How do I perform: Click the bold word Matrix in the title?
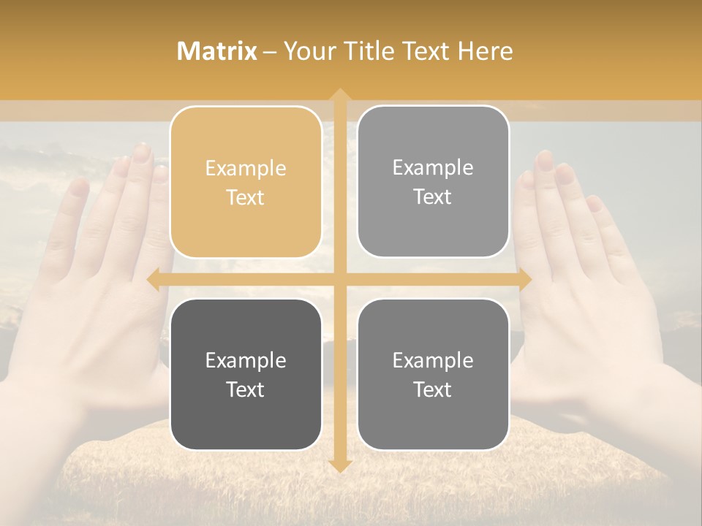click(x=217, y=51)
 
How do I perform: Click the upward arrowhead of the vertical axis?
click(x=339, y=96)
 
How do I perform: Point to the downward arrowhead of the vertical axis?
click(x=339, y=465)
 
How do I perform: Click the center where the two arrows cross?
click(x=339, y=279)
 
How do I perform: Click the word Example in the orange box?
click(x=246, y=169)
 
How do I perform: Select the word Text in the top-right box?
click(x=433, y=197)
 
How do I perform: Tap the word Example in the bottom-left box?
click(x=246, y=361)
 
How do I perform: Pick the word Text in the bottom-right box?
click(x=433, y=389)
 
